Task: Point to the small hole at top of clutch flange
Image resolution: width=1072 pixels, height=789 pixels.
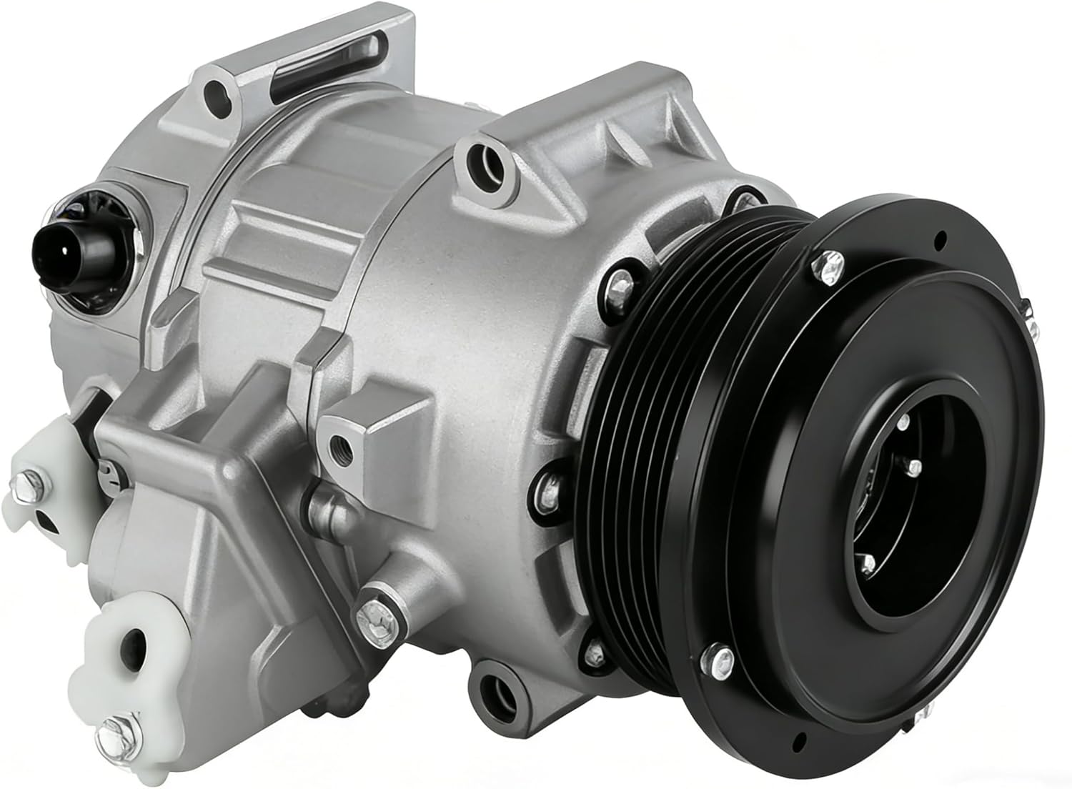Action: [x=945, y=235]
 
